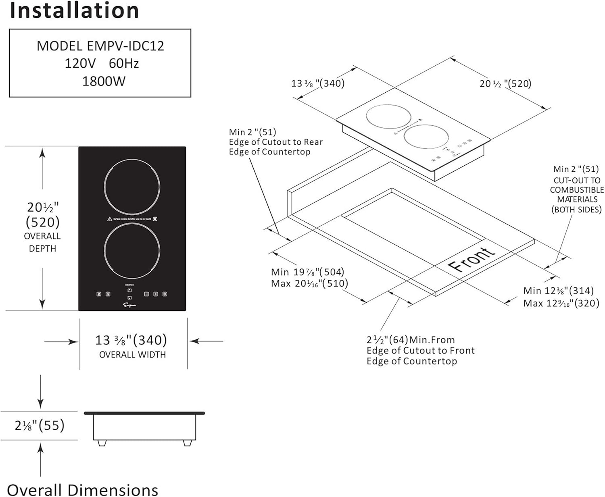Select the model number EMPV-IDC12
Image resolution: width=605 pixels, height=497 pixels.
[x=125, y=46]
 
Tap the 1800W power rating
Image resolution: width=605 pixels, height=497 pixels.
[x=104, y=81]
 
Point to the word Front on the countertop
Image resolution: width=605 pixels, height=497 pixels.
[x=471, y=260]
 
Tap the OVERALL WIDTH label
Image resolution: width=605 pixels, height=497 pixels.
[x=132, y=355]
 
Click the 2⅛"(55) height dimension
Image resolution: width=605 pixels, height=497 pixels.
[x=40, y=425]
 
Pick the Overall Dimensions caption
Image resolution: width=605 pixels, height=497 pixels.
[x=83, y=490]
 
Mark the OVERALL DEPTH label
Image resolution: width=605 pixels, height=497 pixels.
[x=42, y=242]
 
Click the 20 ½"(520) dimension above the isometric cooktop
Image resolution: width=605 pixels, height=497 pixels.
[x=505, y=83]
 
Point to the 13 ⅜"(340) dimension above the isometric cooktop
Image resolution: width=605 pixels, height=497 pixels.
[x=318, y=83]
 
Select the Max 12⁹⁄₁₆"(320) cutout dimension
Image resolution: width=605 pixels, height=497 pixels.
[x=561, y=303]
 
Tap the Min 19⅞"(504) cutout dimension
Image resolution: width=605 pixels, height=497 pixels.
[x=307, y=272]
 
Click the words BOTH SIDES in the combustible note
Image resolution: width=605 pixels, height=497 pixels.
[x=576, y=210]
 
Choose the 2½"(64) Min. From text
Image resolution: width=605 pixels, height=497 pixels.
[x=410, y=340]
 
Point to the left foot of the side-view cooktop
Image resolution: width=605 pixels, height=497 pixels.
[x=102, y=443]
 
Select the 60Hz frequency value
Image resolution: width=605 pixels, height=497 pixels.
[x=124, y=64]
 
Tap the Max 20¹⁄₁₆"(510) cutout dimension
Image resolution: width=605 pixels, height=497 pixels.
[x=309, y=283]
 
